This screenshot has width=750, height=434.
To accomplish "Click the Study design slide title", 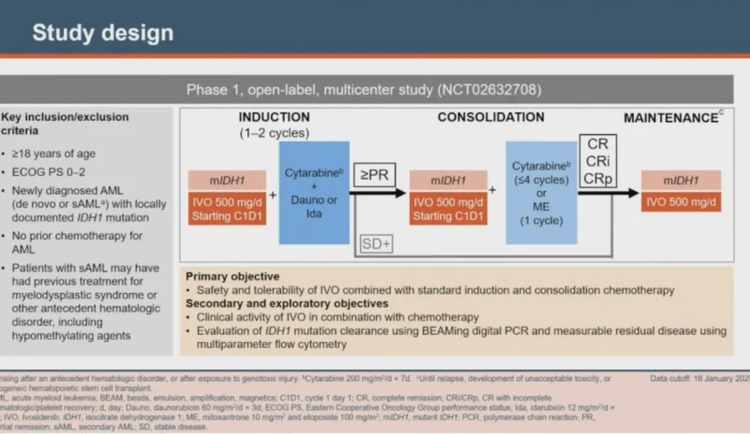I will pos(103,33).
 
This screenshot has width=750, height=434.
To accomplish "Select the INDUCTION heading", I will pos(274,117).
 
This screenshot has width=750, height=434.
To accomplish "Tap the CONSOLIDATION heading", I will pos(490,117).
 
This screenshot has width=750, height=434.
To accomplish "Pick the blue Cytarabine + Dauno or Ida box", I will pos(314,191).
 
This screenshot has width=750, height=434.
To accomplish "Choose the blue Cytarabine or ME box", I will pos(538,191).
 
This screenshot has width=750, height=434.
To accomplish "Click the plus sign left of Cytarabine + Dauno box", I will pos(274,195).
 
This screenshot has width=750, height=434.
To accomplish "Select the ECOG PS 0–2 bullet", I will pos(52,173).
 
